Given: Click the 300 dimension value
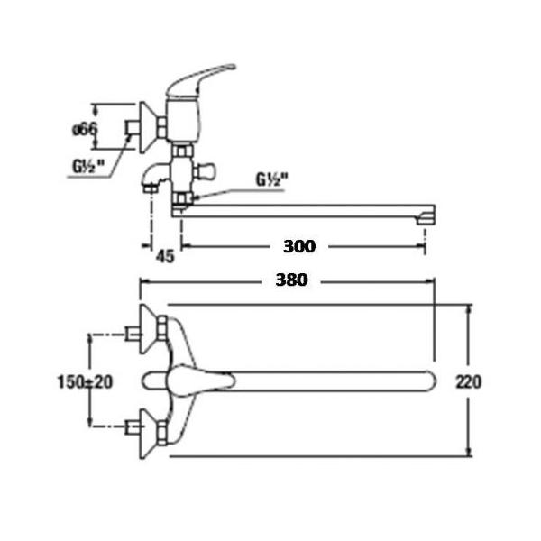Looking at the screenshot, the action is pos(299,246).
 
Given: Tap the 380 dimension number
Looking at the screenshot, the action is pos(291,280).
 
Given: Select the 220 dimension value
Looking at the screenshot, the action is pos(469,382).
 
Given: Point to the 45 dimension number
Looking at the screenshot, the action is pos(165,256).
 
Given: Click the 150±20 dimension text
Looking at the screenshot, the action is pos(85,382).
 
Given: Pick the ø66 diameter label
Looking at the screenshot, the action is pos(85,129).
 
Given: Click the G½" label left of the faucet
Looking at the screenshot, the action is pos(88,166).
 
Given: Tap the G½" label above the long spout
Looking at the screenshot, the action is pos(272,179).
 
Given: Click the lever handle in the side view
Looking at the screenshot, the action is pos(199,79).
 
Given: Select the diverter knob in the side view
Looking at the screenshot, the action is pos(205,171).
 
